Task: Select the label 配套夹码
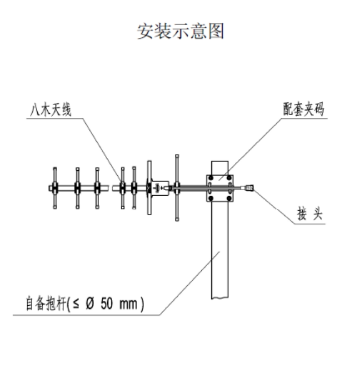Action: pyautogui.click(x=302, y=109)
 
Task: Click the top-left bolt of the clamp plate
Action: pyautogui.click(x=211, y=178)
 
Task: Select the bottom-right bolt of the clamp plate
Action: pyautogui.click(x=228, y=197)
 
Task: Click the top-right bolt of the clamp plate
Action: pyautogui.click(x=228, y=178)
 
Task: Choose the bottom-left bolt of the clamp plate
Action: pyautogui.click(x=211, y=197)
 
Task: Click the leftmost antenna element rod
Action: pyautogui.click(x=55, y=187)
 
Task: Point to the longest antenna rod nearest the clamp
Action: pyautogui.click(x=177, y=187)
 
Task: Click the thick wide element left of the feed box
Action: pyautogui.click(x=149, y=187)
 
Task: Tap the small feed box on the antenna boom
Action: pyautogui.click(x=161, y=187)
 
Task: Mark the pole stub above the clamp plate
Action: pyautogui.click(x=219, y=166)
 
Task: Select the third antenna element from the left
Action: pyautogui.click(x=98, y=187)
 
